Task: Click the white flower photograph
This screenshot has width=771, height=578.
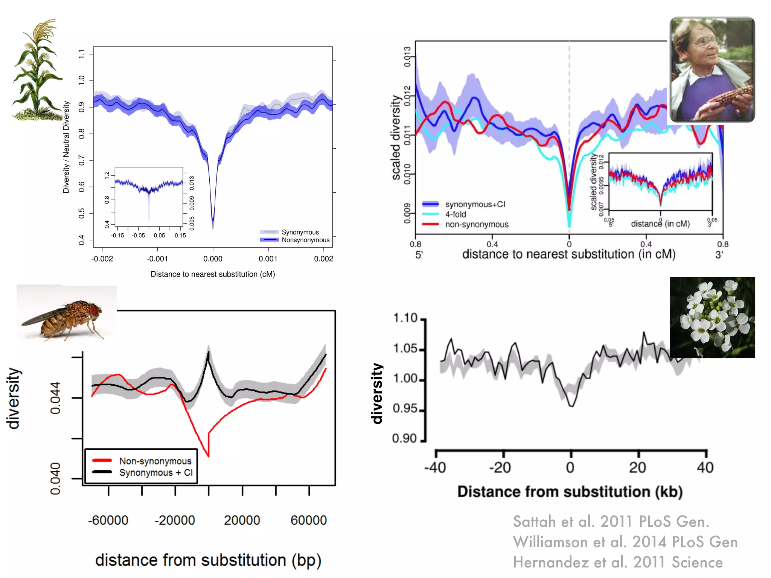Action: pos(712,317)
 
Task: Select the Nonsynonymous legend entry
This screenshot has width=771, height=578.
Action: pos(305,240)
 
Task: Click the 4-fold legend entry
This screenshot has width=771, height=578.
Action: pos(456,214)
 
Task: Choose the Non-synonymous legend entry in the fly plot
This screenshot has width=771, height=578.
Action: pos(155,461)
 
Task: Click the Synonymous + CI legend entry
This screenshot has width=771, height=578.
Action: pos(156,473)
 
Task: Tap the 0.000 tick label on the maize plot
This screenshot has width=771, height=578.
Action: pos(213,259)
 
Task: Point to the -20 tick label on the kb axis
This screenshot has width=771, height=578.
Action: pos(500,468)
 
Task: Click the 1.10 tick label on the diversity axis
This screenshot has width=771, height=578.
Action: pos(405,318)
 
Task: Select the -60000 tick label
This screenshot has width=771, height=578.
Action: pos(108,520)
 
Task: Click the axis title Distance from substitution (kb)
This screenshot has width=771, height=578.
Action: pos(570,492)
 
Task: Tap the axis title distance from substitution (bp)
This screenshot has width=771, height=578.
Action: pos(208,560)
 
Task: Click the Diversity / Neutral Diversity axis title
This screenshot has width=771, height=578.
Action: pos(66,147)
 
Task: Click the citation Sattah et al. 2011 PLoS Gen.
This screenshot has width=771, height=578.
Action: pos(611,522)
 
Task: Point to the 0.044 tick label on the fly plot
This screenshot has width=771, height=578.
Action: pos(55,398)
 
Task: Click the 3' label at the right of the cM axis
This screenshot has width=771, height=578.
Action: pos(719,255)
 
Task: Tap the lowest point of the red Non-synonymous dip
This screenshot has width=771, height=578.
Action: pos(208,456)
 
